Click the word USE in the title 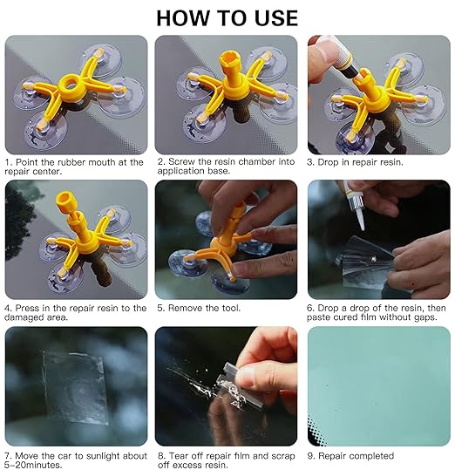tap(275, 18)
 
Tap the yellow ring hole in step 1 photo tap(71, 85)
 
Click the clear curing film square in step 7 tap(75, 387)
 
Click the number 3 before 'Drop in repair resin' tap(309, 162)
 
